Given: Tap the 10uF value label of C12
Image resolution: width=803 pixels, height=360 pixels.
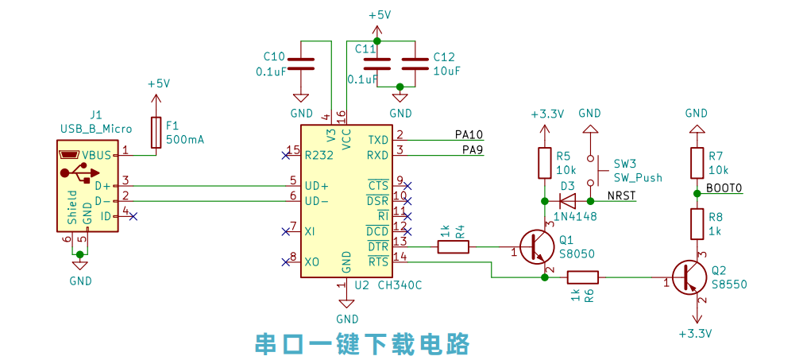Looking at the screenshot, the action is pyautogui.click(x=446, y=71).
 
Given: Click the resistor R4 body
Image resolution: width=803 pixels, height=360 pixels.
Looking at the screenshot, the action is pyautogui.click(x=454, y=247).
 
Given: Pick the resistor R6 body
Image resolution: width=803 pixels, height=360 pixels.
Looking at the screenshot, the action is pyautogui.click(x=582, y=277).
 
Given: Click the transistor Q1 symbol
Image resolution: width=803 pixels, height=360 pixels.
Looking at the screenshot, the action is pyautogui.click(x=537, y=247).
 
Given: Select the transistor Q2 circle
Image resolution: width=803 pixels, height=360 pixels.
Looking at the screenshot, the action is pyautogui.click(x=690, y=277).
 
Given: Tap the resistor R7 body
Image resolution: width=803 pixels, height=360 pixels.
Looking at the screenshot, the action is pyautogui.click(x=697, y=163).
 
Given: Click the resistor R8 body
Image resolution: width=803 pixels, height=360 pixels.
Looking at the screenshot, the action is pyautogui.click(x=697, y=224).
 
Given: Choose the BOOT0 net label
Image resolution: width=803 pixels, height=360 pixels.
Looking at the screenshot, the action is pyautogui.click(x=724, y=188).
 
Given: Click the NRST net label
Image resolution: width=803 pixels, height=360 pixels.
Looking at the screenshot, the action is pyautogui.click(x=622, y=195).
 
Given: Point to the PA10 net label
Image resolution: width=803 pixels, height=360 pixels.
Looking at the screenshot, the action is pyautogui.click(x=469, y=134).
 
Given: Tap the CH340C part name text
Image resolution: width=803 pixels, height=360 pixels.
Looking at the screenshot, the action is pyautogui.click(x=400, y=285).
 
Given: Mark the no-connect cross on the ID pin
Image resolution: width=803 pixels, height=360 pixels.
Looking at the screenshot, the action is pyautogui.click(x=133, y=217).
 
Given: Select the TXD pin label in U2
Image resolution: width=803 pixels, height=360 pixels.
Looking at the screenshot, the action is pyautogui.click(x=378, y=140).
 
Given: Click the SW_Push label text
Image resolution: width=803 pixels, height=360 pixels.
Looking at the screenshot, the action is pyautogui.click(x=638, y=178).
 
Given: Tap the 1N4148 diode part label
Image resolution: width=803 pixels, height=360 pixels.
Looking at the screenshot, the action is pyautogui.click(x=575, y=217).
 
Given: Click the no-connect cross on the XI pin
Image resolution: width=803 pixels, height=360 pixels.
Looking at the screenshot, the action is pyautogui.click(x=286, y=231).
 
